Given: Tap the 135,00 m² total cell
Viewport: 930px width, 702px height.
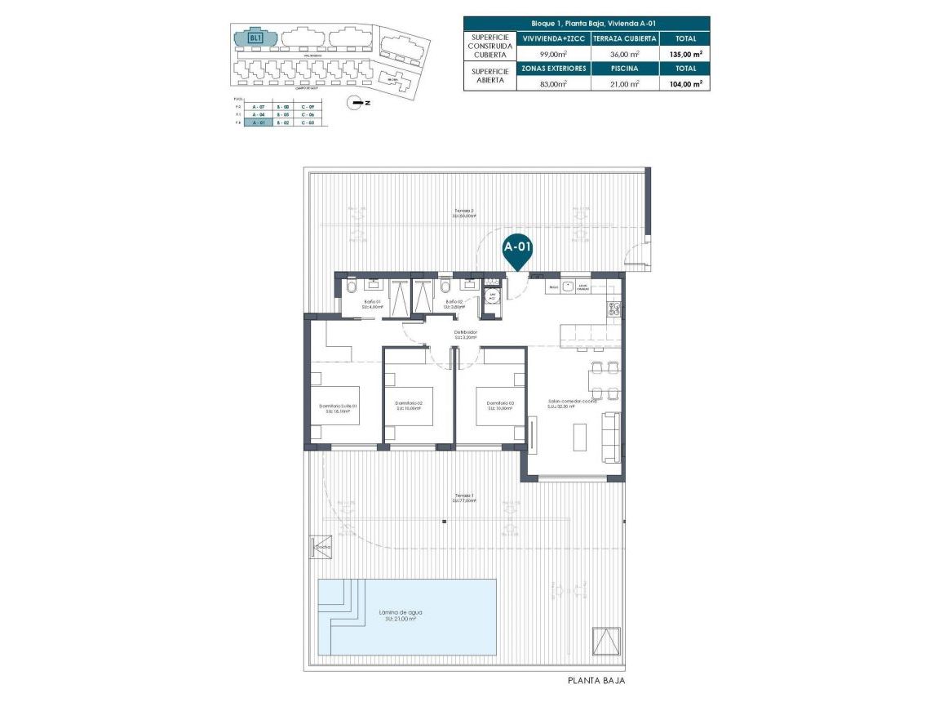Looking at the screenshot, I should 684,54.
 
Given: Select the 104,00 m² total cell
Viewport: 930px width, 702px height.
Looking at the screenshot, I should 684,83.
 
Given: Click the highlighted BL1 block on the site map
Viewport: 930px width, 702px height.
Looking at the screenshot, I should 255,38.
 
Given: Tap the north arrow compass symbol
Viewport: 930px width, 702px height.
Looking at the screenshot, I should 356,102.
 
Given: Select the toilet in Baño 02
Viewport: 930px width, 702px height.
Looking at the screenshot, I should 445,288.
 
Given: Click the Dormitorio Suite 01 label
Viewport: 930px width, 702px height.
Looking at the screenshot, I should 338,409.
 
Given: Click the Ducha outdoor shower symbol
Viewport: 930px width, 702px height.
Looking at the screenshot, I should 320,548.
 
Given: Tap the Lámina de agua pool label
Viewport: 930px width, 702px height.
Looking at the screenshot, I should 400,615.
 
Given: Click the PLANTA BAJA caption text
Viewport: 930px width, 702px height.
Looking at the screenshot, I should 596,680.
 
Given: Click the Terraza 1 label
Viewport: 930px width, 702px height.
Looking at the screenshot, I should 464,498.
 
